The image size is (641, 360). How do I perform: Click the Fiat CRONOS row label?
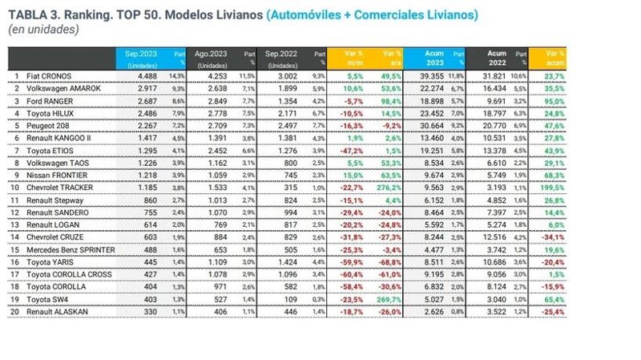click(50, 75)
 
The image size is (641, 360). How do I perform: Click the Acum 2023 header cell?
click(430, 58)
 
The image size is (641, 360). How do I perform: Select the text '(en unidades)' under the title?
click(43, 30)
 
